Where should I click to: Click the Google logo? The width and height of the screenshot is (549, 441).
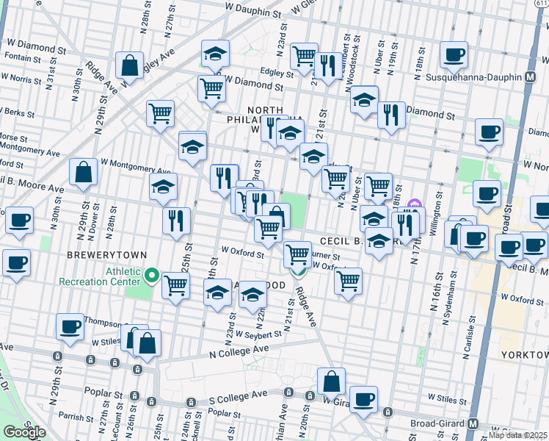23,432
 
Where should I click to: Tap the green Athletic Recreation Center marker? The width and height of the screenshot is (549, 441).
152,276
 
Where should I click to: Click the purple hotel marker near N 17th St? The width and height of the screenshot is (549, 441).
413,204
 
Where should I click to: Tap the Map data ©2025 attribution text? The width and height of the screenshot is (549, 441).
518,435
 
